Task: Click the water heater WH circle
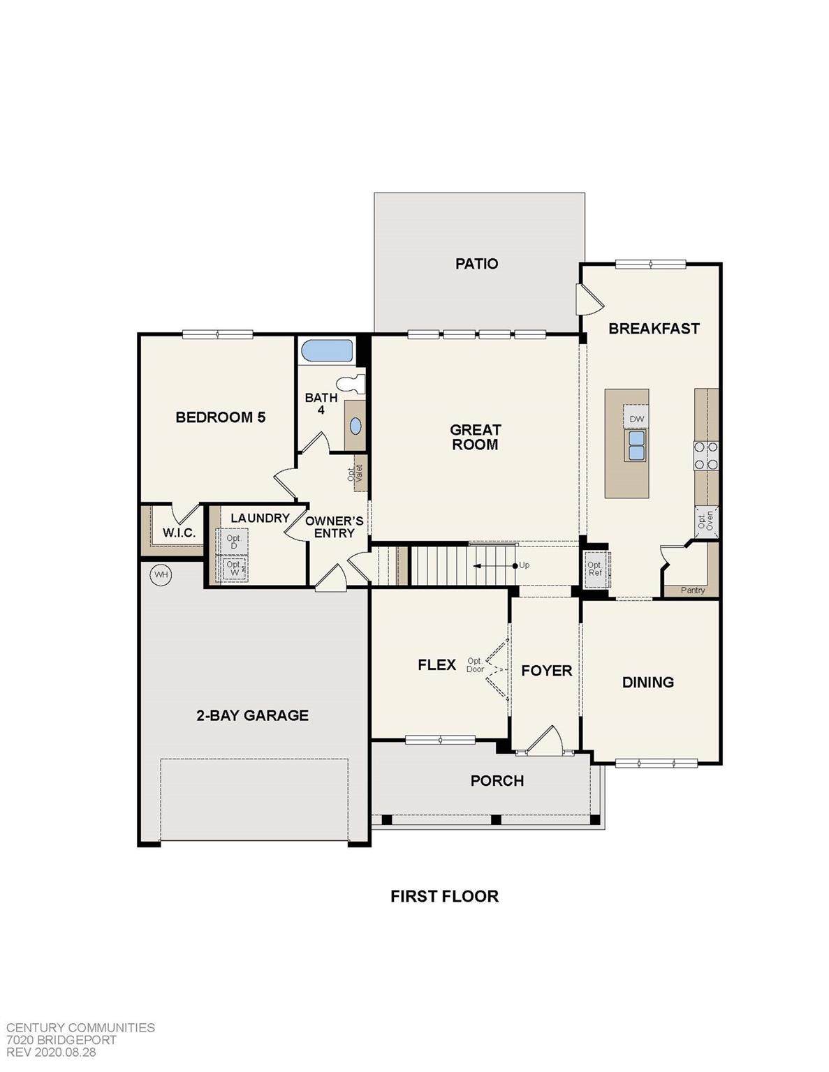coord(160,574)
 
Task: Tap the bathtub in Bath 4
coord(327,351)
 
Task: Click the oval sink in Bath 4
coord(355,426)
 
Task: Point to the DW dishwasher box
coord(636,419)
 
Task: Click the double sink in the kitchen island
coord(636,445)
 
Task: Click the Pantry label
coord(693,590)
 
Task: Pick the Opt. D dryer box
coord(233,542)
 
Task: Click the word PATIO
coord(477,263)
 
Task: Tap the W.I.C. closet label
coord(179,533)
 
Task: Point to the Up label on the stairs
coord(524,565)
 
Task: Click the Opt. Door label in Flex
coord(475,664)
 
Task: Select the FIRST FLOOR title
coord(445,896)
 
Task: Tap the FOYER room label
coord(547,671)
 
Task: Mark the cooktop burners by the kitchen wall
coord(706,455)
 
